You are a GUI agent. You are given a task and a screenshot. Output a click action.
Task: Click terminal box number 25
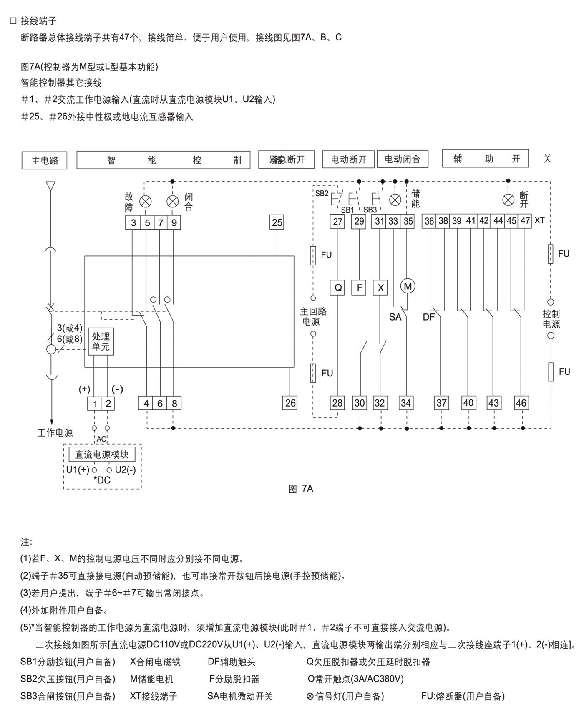277,222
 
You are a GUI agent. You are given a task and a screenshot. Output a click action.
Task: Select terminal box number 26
290,403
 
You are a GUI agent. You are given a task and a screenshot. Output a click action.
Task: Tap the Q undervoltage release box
338,288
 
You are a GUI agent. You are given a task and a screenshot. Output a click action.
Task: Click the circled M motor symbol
408,286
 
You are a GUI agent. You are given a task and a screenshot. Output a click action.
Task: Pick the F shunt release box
359,288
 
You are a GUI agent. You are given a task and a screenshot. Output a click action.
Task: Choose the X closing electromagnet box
380,288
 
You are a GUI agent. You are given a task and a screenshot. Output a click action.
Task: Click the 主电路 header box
45,161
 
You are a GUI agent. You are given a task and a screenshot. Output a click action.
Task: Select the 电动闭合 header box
403,159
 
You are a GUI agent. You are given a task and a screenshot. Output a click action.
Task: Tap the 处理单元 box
101,341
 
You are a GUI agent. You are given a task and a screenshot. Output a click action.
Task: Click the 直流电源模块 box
102,455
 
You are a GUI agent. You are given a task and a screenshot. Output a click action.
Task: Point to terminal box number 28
337,403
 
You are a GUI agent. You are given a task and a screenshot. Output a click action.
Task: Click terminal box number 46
521,403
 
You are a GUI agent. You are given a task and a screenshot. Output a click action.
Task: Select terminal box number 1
95,404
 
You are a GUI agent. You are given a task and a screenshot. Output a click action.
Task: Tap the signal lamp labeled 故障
145,202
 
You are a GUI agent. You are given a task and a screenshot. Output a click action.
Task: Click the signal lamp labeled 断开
508,200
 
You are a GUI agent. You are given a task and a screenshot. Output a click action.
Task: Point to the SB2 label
322,193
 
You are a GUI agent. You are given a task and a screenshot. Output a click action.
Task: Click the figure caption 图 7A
301,489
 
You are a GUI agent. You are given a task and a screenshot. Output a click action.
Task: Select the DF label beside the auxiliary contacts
428,317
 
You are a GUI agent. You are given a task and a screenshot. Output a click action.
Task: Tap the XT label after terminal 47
539,220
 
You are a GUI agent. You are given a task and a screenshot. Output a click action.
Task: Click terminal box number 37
441,403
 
